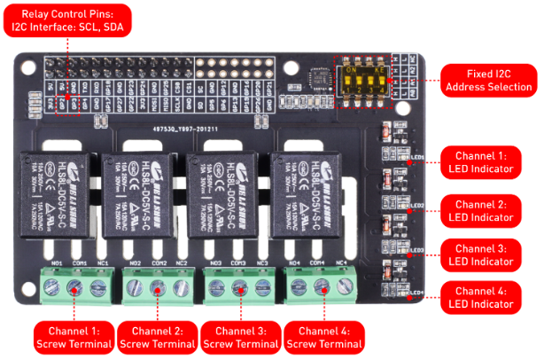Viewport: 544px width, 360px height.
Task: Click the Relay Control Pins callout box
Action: click(67, 20)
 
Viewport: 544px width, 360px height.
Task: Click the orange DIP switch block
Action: click(362, 78)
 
